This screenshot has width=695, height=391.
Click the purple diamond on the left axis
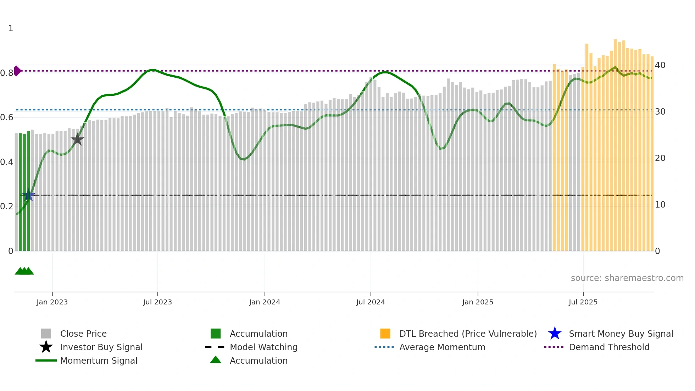pyautogui.click(x=17, y=71)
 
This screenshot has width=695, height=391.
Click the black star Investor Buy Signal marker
pyautogui.click(x=77, y=139)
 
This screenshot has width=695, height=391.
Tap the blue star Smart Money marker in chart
pyautogui.click(x=28, y=195)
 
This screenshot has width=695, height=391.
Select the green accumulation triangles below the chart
pyautogui.click(x=24, y=271)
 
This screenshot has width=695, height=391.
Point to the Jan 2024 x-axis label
pyautogui.click(x=265, y=302)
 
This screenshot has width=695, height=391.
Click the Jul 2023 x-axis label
pyautogui.click(x=157, y=302)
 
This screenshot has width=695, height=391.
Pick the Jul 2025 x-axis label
pyautogui.click(x=583, y=302)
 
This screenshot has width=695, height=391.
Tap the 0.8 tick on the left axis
pyautogui.click(x=6, y=73)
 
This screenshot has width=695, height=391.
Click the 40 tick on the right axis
pyautogui.click(x=660, y=65)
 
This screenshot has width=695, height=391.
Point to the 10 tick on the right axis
pyautogui.click(x=660, y=205)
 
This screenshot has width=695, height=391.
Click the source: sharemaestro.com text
pyautogui.click(x=627, y=278)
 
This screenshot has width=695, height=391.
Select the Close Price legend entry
pyautogui.click(x=83, y=334)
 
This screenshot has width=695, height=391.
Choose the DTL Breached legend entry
pyautogui.click(x=468, y=334)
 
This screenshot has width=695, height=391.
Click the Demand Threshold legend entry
pyautogui.click(x=609, y=347)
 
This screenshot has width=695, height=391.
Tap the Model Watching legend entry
pyautogui.click(x=263, y=347)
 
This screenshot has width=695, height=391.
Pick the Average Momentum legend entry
pyautogui.click(x=442, y=347)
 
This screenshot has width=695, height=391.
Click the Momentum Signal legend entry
pyautogui.click(x=99, y=360)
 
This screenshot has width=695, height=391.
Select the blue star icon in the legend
pyautogui.click(x=555, y=334)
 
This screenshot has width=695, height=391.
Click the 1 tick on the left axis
pyautogui.click(x=11, y=28)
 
